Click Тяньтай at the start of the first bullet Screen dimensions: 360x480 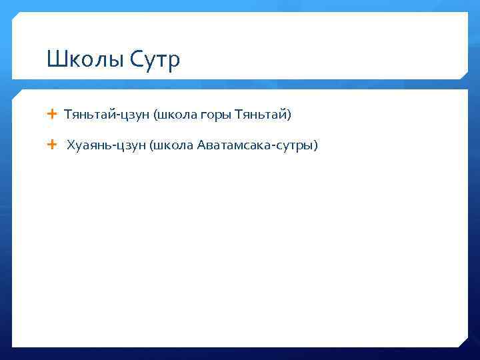tap(89, 115)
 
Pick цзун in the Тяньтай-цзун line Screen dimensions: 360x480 tap(134, 116)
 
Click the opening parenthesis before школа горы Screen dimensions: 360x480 tap(155, 115)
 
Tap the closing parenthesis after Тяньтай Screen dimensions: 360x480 tap(289, 115)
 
